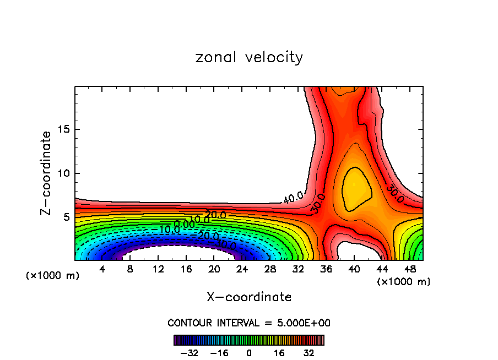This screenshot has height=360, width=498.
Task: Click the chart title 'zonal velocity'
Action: [x=249, y=57]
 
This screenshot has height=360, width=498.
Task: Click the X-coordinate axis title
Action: [x=249, y=297]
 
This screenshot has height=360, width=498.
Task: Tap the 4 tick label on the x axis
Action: [x=102, y=269]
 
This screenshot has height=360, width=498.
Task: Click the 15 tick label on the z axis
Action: [x=63, y=130]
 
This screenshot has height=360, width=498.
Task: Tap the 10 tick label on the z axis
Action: [x=63, y=173]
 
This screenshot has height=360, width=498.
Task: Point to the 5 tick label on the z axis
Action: [x=66, y=217]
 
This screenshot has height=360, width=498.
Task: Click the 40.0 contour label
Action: [x=293, y=197]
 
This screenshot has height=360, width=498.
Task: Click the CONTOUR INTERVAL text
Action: [x=249, y=323]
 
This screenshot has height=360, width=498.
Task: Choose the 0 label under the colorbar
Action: [x=249, y=353]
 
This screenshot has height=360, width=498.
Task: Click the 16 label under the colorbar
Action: [x=279, y=353]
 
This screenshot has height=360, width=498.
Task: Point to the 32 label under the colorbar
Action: [x=309, y=353]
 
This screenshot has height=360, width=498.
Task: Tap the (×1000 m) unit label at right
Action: [x=404, y=282]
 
